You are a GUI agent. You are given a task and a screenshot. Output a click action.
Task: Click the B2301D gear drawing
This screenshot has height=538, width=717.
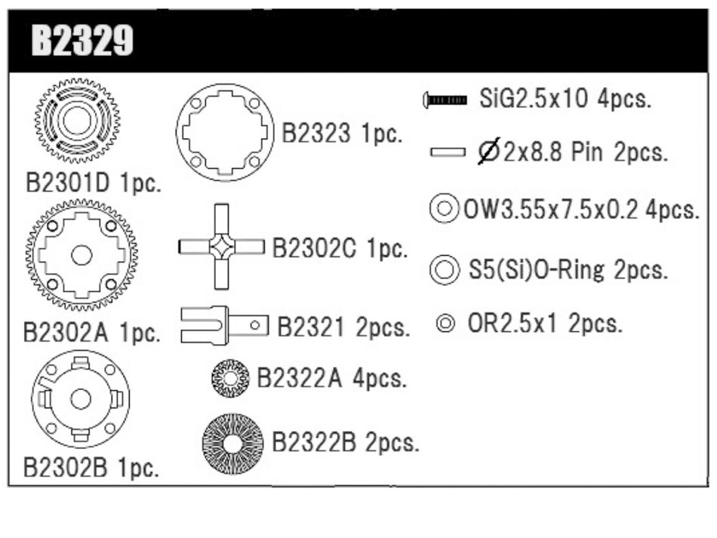77,120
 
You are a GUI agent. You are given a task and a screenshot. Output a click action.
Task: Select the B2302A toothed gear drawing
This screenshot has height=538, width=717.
82,255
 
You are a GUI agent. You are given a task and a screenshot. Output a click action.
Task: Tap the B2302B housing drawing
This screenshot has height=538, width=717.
81,398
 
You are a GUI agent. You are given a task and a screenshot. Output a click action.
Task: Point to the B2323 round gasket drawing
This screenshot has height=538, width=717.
225,133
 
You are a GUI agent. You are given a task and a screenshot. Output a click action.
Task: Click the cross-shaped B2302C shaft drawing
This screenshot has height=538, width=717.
221,247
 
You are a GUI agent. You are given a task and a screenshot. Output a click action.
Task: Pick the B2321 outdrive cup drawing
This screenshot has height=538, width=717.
224,325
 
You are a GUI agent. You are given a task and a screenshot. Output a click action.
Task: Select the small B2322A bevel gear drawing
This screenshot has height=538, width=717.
230,378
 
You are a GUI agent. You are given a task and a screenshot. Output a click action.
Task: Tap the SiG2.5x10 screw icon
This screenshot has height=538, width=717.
446,100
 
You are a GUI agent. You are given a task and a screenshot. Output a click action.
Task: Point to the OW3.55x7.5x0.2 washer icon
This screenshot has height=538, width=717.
444,208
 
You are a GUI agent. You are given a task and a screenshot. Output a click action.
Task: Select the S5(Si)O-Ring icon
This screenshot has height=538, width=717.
444,268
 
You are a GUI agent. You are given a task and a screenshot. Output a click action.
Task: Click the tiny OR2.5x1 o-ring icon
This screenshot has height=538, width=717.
445,324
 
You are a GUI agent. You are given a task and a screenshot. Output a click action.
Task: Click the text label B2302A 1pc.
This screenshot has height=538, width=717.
91,333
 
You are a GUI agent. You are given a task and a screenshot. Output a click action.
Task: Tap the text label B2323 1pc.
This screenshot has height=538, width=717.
342,134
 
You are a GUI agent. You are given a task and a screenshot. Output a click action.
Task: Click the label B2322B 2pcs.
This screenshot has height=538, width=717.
345,442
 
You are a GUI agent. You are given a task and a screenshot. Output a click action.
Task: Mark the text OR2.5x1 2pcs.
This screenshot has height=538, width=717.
545,324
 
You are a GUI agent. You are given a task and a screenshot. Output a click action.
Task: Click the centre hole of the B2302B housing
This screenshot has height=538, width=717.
81,398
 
